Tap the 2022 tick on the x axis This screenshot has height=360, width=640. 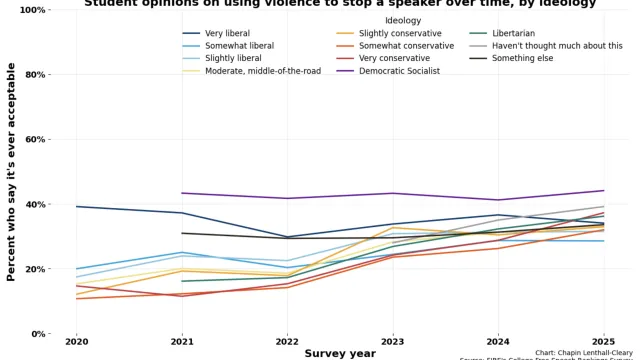[x=287, y=342]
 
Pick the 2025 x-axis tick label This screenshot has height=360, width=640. [x=604, y=342]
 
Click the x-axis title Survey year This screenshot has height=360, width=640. [x=340, y=353]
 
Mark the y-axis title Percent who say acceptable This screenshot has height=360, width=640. [x=12, y=171]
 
